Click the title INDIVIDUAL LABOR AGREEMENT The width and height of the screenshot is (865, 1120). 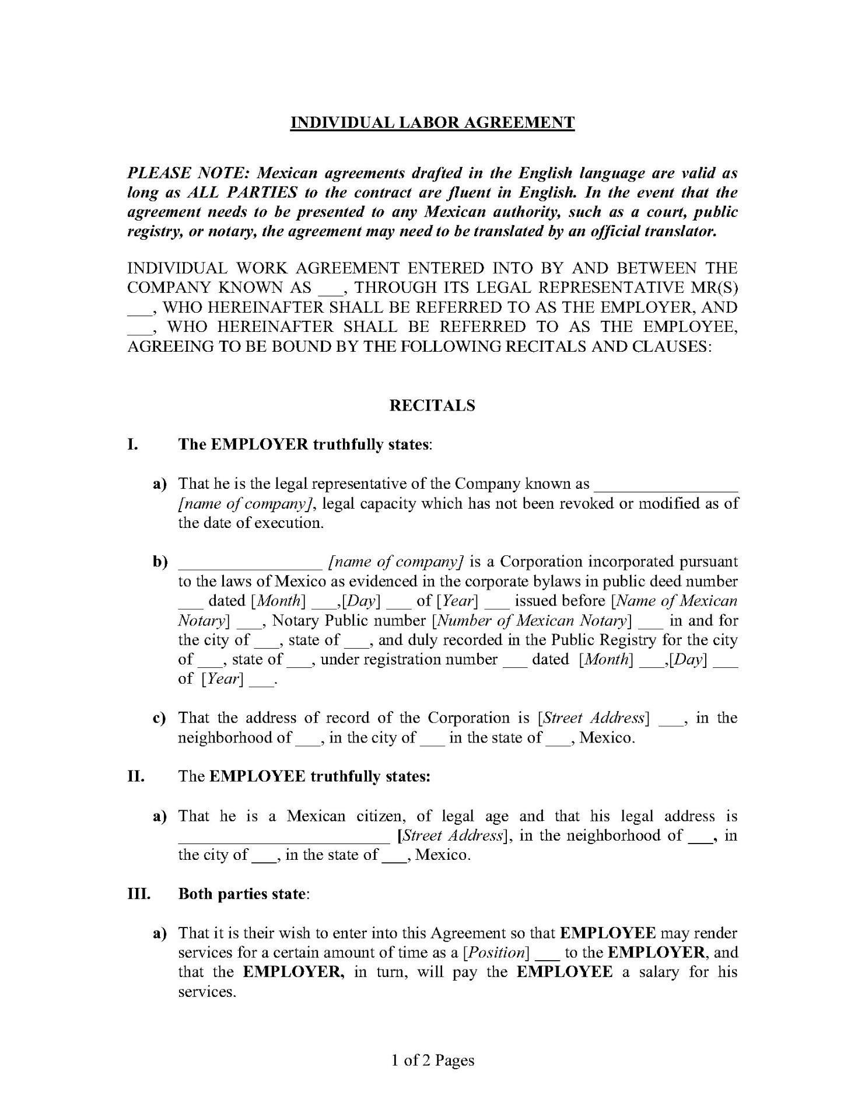432,123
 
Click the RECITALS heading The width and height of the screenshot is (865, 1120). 432,405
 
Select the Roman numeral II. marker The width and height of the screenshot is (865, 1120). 136,776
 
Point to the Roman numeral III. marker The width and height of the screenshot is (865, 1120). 139,894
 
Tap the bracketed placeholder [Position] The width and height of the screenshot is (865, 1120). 495,953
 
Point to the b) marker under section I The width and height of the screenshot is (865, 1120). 160,562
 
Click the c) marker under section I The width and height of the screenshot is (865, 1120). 159,718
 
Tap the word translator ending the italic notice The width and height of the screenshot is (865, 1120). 680,232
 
